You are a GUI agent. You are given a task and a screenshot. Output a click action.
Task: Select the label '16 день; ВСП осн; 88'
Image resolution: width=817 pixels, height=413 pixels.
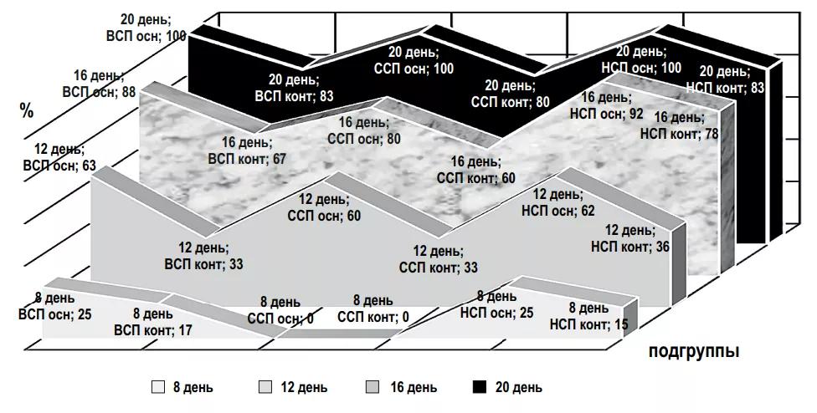(x=99, y=84)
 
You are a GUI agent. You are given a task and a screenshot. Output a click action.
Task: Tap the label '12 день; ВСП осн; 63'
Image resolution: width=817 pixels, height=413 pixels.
(x=59, y=157)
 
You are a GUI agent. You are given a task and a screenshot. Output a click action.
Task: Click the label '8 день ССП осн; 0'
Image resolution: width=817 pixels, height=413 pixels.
(x=280, y=310)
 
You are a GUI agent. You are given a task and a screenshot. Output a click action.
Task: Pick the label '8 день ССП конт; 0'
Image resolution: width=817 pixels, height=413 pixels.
(x=373, y=308)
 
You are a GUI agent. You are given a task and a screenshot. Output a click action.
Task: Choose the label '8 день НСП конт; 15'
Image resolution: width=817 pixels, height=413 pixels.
(x=588, y=317)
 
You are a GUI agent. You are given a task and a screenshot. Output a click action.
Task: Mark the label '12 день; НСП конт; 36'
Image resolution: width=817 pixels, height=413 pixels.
(x=630, y=238)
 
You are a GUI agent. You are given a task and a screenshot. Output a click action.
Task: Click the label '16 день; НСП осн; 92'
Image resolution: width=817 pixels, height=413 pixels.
(x=607, y=105)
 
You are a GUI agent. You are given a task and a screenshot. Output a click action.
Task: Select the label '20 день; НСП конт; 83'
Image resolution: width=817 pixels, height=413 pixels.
(x=725, y=79)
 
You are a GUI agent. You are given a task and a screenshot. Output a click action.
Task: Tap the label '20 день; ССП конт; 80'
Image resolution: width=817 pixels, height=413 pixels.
(x=510, y=94)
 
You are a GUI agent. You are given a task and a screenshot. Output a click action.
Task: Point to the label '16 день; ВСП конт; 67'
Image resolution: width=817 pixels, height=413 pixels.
(x=248, y=150)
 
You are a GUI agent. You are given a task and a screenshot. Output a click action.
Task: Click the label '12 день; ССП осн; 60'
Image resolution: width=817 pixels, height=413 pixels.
(x=324, y=207)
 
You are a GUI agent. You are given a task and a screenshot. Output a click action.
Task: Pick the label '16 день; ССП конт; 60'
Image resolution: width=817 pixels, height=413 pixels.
(x=475, y=170)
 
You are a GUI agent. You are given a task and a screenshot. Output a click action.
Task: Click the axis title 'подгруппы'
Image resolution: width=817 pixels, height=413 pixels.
(x=693, y=352)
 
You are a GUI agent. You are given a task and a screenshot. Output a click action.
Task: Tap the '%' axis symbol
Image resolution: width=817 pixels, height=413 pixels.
(x=27, y=110)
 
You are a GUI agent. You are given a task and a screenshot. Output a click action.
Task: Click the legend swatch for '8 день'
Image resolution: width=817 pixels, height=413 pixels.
(x=158, y=387)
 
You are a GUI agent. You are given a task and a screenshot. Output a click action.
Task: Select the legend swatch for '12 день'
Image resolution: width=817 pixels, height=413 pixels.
(x=265, y=387)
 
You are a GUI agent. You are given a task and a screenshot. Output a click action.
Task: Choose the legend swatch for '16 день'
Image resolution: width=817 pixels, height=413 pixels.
(x=373, y=387)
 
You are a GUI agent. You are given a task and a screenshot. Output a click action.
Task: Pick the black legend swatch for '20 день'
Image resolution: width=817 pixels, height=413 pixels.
(x=480, y=387)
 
